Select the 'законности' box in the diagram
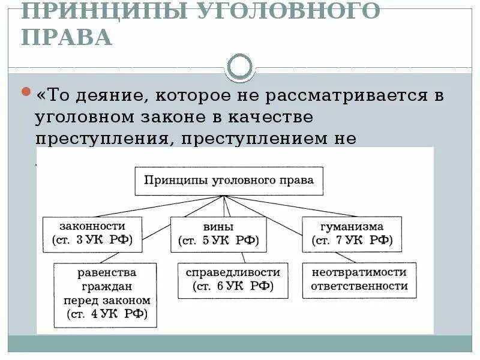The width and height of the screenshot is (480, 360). (x=92, y=233)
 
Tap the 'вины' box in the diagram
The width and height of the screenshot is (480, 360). (x=218, y=234)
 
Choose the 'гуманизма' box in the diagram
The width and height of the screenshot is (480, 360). (x=352, y=234)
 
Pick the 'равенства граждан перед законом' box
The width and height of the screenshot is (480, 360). (x=105, y=294)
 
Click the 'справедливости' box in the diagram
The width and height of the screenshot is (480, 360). (x=233, y=280)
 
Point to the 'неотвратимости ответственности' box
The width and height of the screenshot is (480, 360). (x=359, y=279)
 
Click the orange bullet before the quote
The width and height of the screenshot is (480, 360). (x=26, y=92)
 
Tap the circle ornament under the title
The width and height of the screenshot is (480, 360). (x=240, y=67)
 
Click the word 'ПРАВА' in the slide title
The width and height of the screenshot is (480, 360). (x=67, y=37)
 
